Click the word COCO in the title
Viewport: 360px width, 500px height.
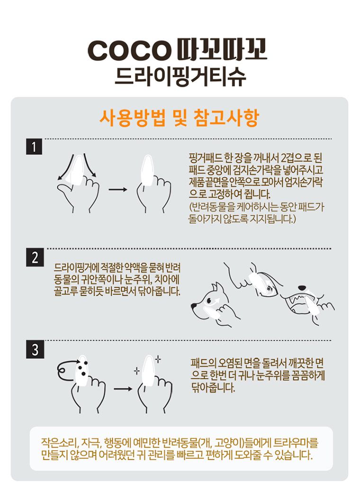click(x=129, y=51)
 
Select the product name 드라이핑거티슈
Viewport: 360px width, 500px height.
click(x=180, y=76)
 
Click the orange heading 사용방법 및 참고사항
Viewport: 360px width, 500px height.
click(x=179, y=118)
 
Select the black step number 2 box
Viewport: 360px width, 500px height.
click(x=34, y=257)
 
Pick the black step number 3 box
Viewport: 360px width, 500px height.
click(x=34, y=350)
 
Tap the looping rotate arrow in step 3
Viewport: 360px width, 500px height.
click(x=66, y=369)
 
